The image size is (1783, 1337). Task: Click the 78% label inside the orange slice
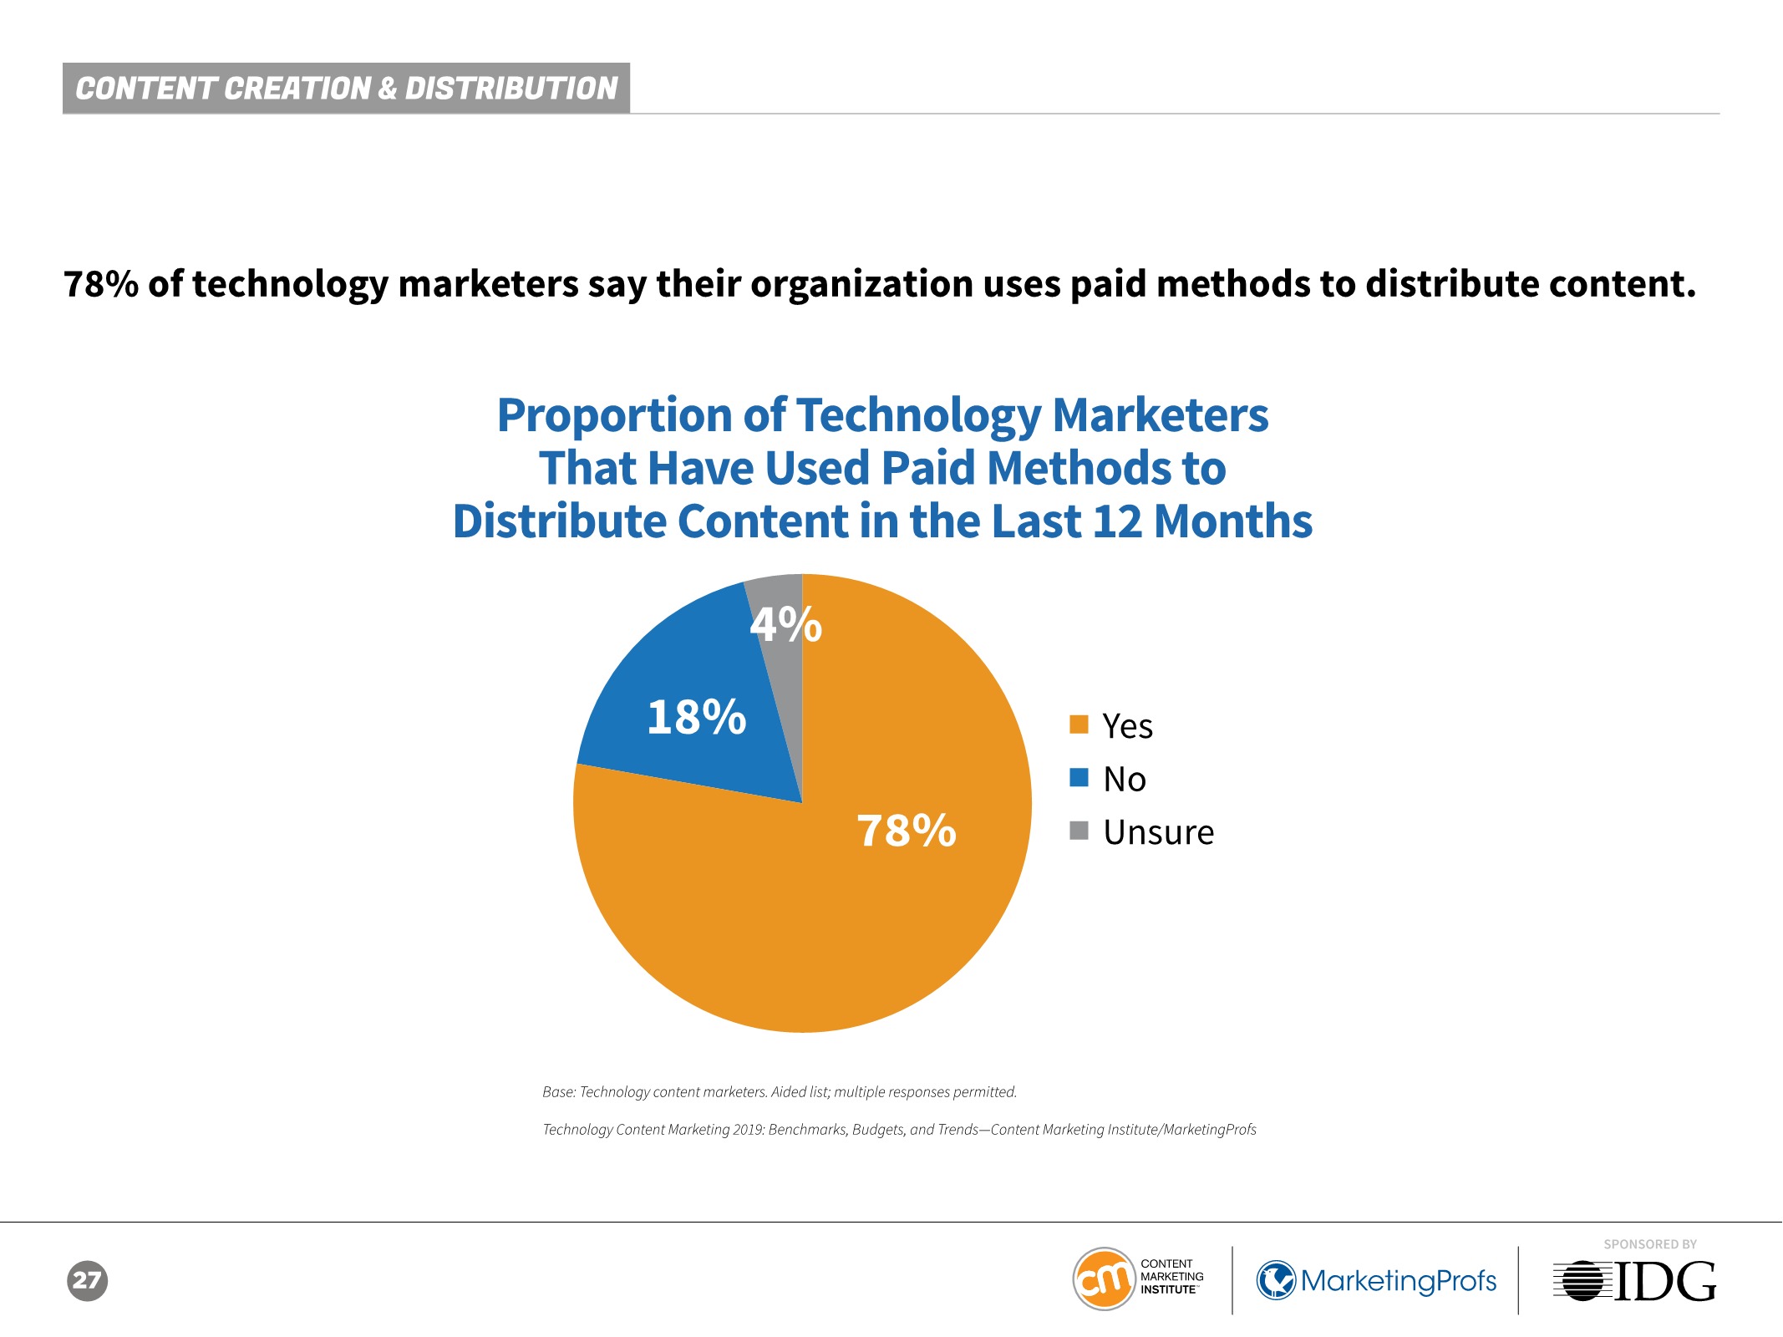(x=907, y=831)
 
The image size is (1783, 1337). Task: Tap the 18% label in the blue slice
(x=697, y=717)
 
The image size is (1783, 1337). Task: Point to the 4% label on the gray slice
(x=785, y=624)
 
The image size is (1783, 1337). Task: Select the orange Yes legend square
(x=1079, y=724)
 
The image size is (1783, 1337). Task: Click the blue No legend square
(x=1079, y=778)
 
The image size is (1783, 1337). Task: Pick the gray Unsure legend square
(x=1079, y=831)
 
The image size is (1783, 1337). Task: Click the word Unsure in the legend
(x=1158, y=832)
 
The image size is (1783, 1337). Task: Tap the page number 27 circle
(x=87, y=1280)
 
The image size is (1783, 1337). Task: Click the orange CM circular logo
(x=1104, y=1279)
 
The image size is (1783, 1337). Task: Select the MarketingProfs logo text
(x=1398, y=1280)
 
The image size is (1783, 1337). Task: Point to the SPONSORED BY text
(x=1649, y=1244)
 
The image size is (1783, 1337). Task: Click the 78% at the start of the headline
(x=101, y=284)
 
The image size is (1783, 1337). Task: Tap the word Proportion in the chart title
(x=615, y=415)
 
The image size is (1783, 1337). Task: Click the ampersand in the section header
(x=387, y=89)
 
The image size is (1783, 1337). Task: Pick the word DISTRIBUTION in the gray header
(x=511, y=89)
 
